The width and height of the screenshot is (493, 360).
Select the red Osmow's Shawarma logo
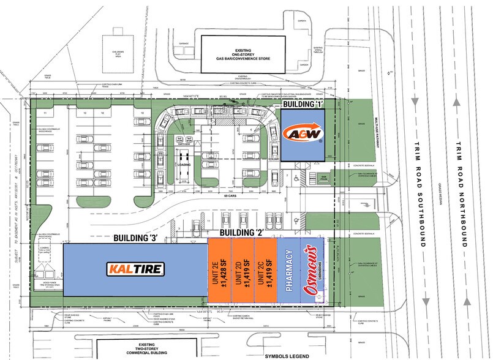(312, 269)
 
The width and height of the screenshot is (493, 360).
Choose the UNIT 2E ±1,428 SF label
(219, 269)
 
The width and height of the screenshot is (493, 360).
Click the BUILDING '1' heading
(302, 105)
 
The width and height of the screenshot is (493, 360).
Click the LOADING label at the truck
(184, 165)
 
